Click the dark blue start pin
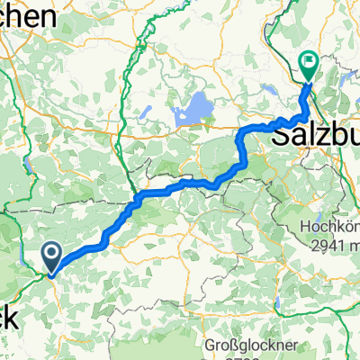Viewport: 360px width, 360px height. click(x=52, y=257)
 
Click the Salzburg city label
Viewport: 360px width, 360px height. click(x=314, y=136)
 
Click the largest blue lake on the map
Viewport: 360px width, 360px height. click(x=191, y=113)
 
